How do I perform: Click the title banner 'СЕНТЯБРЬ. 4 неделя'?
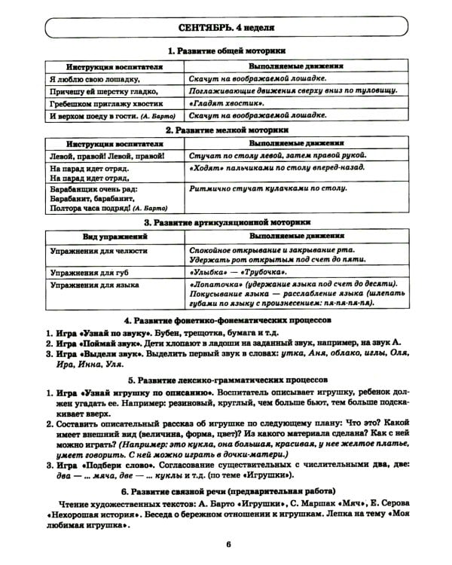226,29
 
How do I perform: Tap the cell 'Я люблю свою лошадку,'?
94,78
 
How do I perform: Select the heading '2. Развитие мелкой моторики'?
226,130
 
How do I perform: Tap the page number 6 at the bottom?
226,546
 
